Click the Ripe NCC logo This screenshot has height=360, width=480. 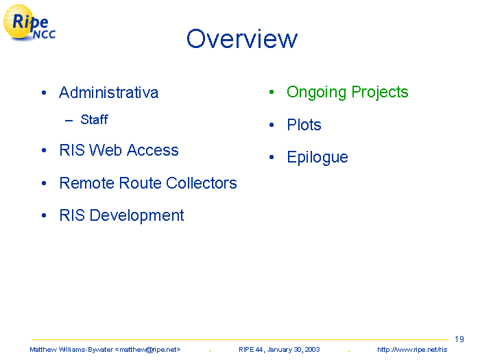tap(29, 23)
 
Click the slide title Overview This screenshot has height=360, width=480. tap(242, 38)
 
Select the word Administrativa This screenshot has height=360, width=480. tap(108, 93)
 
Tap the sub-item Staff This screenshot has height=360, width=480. tap(95, 119)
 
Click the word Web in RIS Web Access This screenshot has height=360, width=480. tap(106, 150)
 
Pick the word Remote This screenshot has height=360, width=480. tap(86, 183)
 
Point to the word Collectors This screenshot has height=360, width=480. tap(202, 183)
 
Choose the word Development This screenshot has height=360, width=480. tap(136, 215)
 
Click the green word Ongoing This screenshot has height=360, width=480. tap(316, 93)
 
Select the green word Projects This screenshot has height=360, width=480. tap(380, 93)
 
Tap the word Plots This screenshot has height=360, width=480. tap(304, 125)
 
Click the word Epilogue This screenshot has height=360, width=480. tap(317, 158)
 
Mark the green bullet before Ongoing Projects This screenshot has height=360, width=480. tap(272, 92)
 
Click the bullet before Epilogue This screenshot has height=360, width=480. tap(272, 157)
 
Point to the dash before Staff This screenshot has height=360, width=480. tap(69, 120)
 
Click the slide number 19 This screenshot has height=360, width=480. tap(459, 339)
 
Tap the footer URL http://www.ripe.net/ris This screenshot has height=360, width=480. tap(412, 350)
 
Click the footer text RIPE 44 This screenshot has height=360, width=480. tap(251, 350)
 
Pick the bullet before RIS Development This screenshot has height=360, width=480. tap(44, 215)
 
